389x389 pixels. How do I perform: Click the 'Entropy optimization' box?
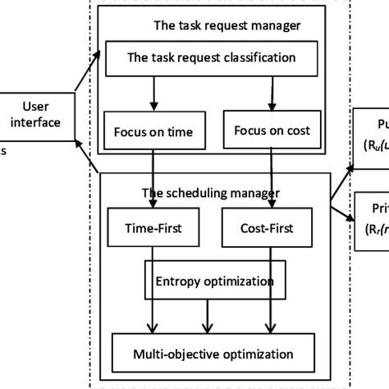point(216,281)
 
